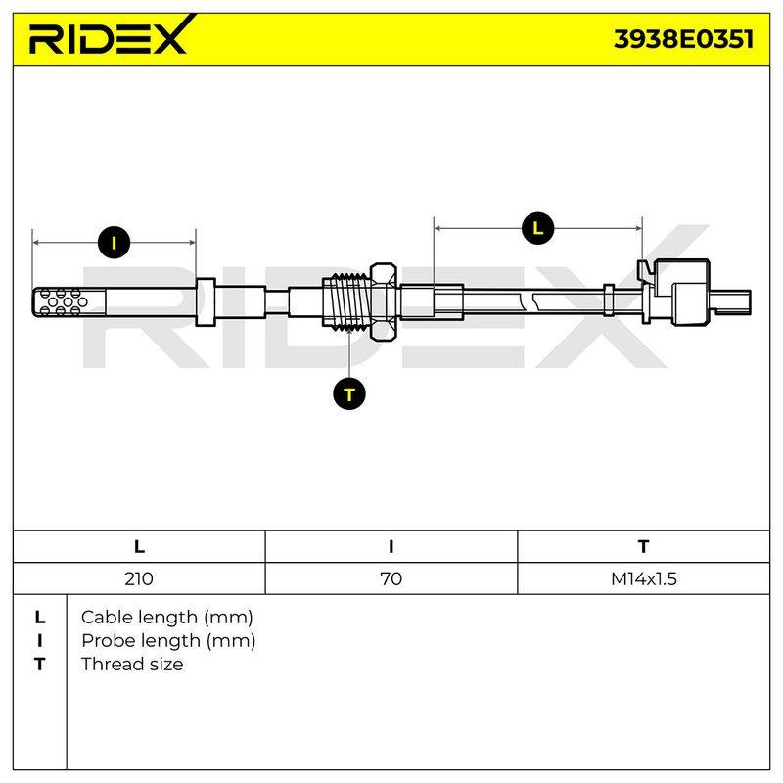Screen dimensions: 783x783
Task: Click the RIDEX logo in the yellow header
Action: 112,35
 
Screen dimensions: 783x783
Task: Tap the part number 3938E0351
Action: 683,39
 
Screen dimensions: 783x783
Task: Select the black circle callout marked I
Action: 115,243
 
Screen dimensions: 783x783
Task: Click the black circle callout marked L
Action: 537,229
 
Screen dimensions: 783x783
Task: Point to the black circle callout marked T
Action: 349,394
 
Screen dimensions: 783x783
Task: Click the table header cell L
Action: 139,547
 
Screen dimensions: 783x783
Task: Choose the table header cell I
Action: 391,547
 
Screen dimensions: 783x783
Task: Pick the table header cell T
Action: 643,547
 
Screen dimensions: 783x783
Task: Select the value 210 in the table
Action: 139,578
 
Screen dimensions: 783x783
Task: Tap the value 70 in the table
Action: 391,578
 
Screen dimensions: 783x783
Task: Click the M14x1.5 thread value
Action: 644,578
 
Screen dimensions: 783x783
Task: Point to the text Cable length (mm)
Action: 166,618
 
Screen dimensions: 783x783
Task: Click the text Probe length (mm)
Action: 168,641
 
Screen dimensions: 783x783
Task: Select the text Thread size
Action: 132,665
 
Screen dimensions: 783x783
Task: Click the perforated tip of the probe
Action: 69,302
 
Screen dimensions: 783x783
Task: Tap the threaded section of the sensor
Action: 346,301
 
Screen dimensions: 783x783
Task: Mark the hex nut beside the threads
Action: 384,301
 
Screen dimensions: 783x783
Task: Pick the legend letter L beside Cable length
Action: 40,618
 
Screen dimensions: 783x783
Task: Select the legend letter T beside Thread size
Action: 40,665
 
